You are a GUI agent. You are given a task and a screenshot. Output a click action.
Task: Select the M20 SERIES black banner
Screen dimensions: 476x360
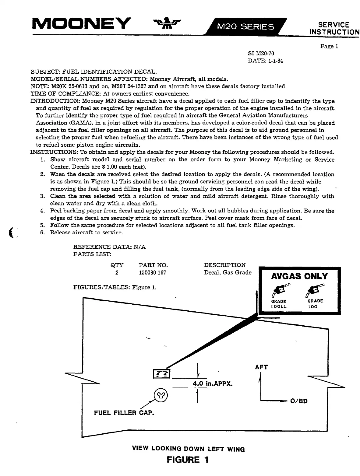[x=246, y=27]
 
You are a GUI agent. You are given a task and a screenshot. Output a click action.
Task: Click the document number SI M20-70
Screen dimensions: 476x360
[x=261, y=54]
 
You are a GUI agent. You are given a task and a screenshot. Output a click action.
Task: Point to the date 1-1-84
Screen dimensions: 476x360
[x=276, y=61]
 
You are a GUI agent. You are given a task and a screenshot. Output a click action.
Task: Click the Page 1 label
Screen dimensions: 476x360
[x=329, y=47]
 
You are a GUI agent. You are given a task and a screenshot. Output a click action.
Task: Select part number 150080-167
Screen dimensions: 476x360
[x=153, y=273]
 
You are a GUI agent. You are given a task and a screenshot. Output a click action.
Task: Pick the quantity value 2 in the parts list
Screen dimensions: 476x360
[x=117, y=273]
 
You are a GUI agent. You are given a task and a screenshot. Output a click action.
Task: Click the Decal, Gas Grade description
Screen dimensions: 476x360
[x=228, y=273]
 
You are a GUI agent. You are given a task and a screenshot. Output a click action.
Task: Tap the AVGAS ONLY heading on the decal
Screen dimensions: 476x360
[x=299, y=276]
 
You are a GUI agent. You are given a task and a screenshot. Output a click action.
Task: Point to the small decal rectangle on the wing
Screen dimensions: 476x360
[x=161, y=374]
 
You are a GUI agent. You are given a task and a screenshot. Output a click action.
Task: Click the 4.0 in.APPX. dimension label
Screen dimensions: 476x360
[x=213, y=383]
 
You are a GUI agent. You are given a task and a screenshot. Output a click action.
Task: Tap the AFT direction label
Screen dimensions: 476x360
[x=261, y=367]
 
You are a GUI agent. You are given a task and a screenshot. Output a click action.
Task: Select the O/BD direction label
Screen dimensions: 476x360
[x=299, y=401]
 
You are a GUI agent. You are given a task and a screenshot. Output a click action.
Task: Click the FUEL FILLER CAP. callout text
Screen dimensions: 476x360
[x=124, y=413]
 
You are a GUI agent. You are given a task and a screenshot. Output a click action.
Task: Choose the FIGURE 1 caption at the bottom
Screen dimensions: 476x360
[x=188, y=460]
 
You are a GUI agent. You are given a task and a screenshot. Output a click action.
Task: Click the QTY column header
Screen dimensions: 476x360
[x=117, y=265]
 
